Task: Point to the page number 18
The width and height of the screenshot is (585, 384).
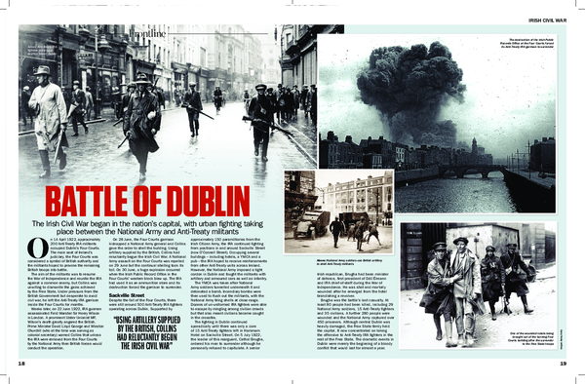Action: pyautogui.click(x=20, y=363)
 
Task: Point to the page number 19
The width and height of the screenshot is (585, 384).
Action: pyautogui.click(x=564, y=363)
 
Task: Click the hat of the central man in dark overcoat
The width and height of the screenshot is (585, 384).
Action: pyautogui.click(x=142, y=79)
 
